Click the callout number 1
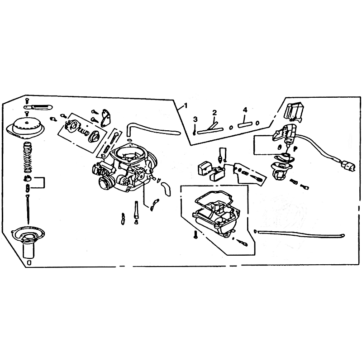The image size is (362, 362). click(x=186, y=106)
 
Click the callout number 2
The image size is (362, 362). click(x=214, y=113)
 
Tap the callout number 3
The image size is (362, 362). click(x=195, y=119)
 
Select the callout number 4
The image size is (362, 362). click(x=245, y=110)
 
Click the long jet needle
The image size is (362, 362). click(x=28, y=210)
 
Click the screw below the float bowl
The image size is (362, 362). click(x=196, y=234)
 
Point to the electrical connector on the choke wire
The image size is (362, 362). click(x=348, y=166)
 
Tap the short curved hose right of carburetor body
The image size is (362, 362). click(x=166, y=188)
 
